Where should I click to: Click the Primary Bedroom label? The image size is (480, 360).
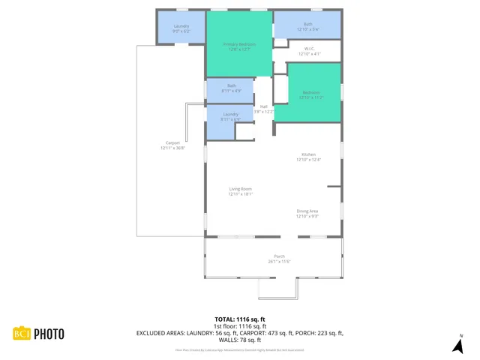click(239, 46)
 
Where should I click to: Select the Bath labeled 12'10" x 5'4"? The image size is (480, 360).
click(307, 26)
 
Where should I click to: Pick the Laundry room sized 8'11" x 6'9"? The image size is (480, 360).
click(230, 116)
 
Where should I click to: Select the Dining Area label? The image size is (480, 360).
click(307, 213)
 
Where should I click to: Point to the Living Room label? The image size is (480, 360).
click(240, 190)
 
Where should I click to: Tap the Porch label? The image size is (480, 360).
click(279, 259)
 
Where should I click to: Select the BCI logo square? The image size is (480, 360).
click(21, 334)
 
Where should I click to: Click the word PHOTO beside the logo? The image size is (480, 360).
click(48, 334)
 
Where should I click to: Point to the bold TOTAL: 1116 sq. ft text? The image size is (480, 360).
click(239, 319)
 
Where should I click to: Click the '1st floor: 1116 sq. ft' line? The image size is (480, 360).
click(239, 326)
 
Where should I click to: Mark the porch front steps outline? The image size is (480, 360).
click(277, 288)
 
